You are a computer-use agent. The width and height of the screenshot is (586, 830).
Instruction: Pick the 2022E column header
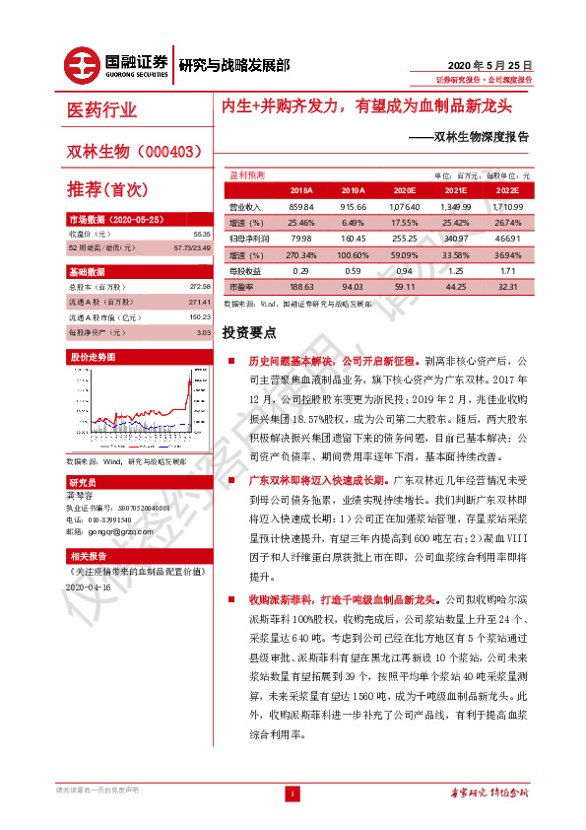click(506, 190)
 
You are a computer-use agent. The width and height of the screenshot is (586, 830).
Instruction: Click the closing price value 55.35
click(202, 234)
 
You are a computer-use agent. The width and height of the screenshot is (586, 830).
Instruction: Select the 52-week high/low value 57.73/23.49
click(193, 247)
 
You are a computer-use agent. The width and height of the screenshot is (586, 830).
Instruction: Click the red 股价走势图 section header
click(92, 356)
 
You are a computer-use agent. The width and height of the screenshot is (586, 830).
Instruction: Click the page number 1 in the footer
click(292, 793)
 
